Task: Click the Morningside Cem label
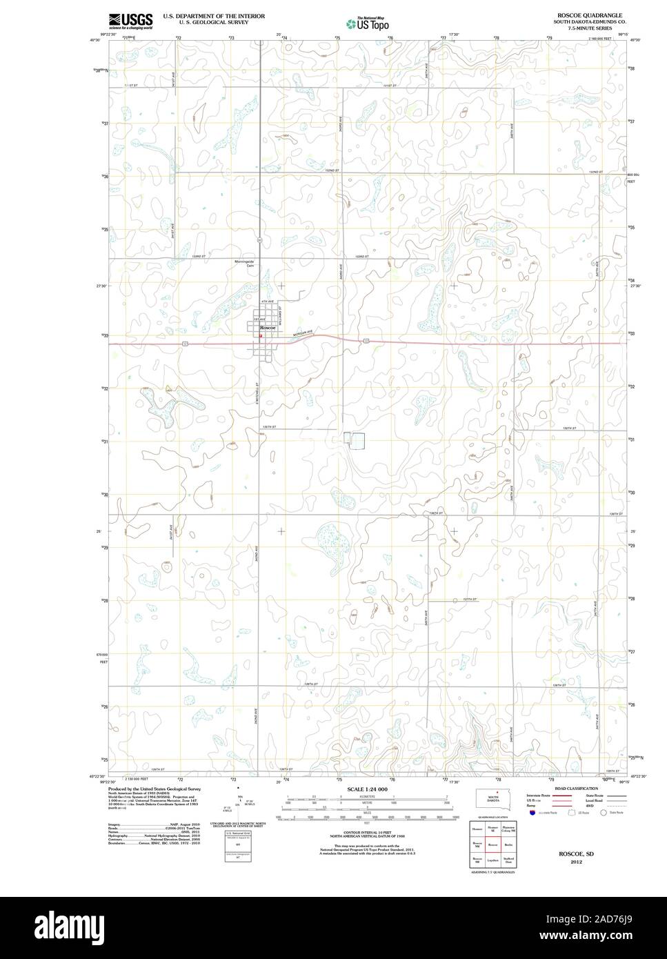click(x=246, y=265)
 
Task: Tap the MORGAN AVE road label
click(x=301, y=333)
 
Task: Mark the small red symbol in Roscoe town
click(x=261, y=336)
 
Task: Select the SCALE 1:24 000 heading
click(x=367, y=789)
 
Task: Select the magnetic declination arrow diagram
click(x=239, y=800)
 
